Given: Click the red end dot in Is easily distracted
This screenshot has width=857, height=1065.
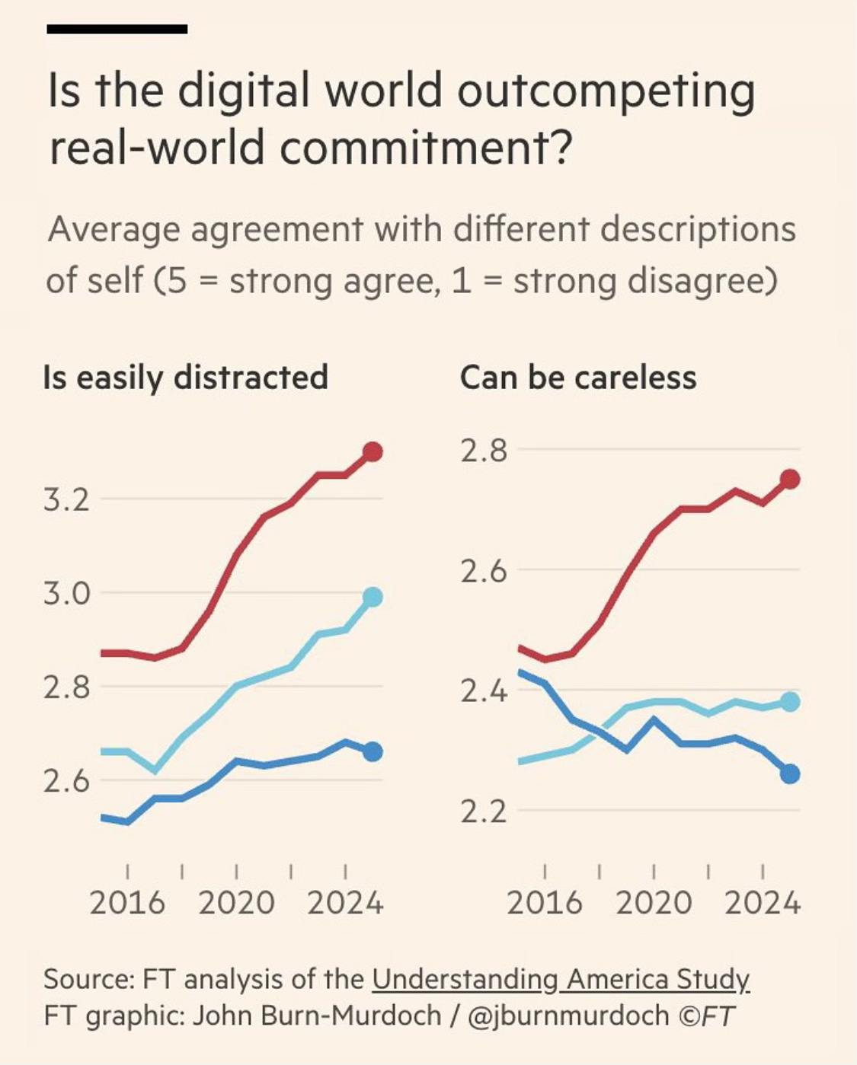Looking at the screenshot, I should coord(373,452).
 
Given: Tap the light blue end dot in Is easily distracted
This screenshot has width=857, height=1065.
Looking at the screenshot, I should coord(373,597).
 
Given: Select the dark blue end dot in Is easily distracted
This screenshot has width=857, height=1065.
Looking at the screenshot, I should coord(373,752).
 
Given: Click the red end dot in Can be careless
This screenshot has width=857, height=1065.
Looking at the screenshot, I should coord(790,479).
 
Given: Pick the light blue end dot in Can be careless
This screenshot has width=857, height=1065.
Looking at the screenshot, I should coord(790,702).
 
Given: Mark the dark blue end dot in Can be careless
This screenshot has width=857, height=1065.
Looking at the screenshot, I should coord(790,774).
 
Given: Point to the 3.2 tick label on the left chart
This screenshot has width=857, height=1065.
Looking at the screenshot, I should coord(66,500).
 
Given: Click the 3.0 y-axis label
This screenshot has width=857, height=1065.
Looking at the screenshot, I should coord(66,594).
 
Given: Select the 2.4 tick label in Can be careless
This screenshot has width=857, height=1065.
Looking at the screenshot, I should coord(483,691).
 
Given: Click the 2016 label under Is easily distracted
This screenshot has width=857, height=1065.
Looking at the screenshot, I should coord(126,904).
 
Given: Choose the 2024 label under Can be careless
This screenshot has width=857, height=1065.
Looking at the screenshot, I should coord(763,904).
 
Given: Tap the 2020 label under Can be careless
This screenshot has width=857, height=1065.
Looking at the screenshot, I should coord(654,904).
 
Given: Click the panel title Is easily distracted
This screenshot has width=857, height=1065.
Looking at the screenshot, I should coord(186,378).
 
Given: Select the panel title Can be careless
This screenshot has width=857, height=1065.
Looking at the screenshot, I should coord(578,378).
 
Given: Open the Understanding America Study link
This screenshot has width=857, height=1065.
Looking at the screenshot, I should coord(561,979).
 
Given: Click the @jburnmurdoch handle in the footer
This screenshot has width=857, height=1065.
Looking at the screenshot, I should coord(567,1016).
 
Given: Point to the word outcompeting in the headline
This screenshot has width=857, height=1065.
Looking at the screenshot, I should coord(606,91).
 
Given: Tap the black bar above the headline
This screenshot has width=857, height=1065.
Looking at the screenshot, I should coord(117,29).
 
